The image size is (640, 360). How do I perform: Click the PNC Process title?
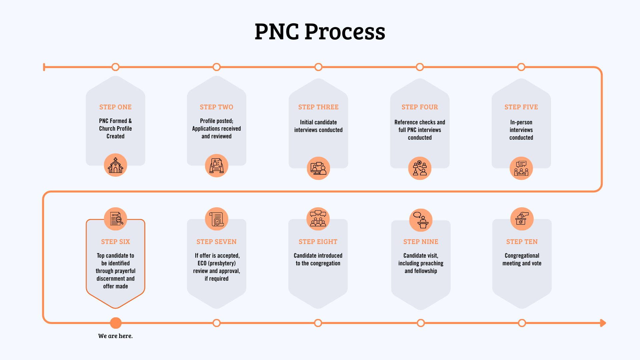pyautogui.click(x=320, y=32)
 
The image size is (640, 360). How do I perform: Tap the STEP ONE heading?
pyautogui.click(x=115, y=107)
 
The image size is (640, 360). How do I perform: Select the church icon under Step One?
pyautogui.click(x=115, y=165)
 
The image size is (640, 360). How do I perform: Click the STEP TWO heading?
pyautogui.click(x=216, y=107)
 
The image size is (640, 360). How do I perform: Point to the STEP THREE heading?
pyautogui.click(x=318, y=107)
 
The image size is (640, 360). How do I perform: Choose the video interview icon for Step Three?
pyautogui.click(x=318, y=168)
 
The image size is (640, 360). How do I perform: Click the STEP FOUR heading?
pyautogui.click(x=420, y=107)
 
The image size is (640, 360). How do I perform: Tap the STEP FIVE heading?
pyautogui.click(x=521, y=107)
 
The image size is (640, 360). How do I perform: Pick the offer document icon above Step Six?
pyautogui.click(x=115, y=219)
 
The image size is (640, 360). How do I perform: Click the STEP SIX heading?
pyautogui.click(x=115, y=242)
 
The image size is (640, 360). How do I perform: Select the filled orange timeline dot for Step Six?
pyautogui.click(x=116, y=323)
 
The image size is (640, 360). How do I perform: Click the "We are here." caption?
pyautogui.click(x=115, y=336)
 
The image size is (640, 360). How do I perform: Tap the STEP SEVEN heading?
pyautogui.click(x=216, y=242)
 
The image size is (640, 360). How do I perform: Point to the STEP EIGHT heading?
pyautogui.click(x=318, y=242)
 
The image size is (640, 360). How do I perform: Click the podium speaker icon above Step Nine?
pyautogui.click(x=421, y=220)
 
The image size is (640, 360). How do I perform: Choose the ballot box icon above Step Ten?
pyautogui.click(x=522, y=219)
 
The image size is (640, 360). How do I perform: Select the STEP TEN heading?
pyautogui.click(x=522, y=242)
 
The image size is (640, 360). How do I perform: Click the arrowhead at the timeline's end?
pyautogui.click(x=603, y=323)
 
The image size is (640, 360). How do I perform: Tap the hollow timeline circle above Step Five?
pyautogui.click(x=521, y=67)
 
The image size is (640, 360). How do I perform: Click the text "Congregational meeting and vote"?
pyautogui.click(x=522, y=259)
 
